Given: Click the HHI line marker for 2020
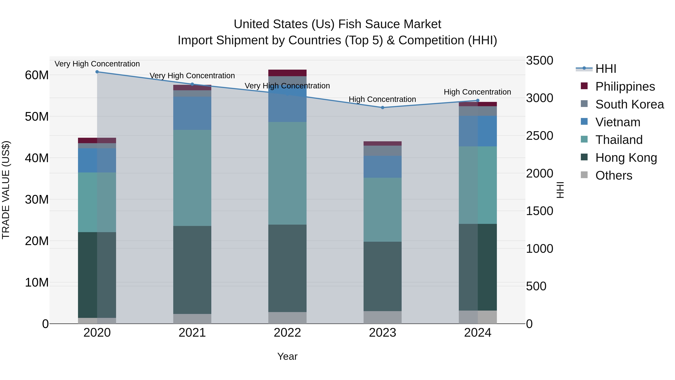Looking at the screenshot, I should (x=97, y=72).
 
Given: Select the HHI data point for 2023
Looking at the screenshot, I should (x=382, y=108).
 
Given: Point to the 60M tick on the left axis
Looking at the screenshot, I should (x=37, y=75).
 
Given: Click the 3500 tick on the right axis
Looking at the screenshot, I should (x=539, y=61).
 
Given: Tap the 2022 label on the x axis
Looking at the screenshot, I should (x=287, y=333).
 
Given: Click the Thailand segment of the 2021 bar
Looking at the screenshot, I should (x=192, y=178).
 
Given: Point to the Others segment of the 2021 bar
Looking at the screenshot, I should (x=192, y=319).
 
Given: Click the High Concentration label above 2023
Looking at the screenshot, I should (x=382, y=99).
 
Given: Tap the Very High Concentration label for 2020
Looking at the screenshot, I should (x=97, y=64).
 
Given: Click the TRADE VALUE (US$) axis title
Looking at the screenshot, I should (x=6, y=190).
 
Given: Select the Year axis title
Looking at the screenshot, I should (x=287, y=356).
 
